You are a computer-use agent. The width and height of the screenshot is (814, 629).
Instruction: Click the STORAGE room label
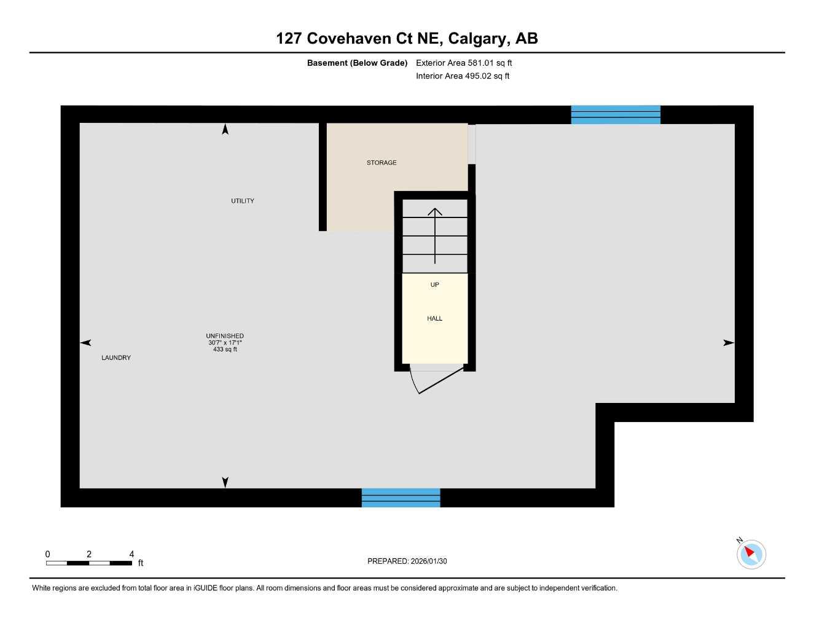tap(382, 163)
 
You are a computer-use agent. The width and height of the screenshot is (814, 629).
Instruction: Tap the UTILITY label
tap(243, 201)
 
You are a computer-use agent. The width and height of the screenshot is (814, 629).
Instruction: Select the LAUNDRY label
tap(116, 357)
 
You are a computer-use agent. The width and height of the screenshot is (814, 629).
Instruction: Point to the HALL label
tap(435, 318)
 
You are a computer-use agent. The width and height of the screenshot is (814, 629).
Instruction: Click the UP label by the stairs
tap(435, 285)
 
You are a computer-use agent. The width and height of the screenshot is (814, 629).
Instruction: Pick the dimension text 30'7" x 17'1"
tap(225, 343)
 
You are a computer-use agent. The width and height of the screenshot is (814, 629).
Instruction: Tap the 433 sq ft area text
tap(225, 350)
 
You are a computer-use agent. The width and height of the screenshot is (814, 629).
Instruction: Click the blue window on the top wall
tap(616, 115)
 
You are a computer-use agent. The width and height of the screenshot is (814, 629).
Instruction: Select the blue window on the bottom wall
tap(401, 498)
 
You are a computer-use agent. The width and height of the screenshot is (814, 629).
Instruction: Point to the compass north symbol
tap(750, 553)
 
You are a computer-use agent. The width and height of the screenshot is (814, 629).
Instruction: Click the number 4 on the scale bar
tap(131, 554)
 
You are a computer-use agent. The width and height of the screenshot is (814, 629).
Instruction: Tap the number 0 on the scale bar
tap(48, 554)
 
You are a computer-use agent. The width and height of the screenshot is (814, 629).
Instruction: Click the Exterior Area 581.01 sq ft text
tap(464, 63)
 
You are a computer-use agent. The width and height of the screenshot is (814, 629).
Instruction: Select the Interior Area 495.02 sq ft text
tap(463, 76)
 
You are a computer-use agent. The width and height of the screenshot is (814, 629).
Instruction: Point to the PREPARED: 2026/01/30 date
tap(407, 561)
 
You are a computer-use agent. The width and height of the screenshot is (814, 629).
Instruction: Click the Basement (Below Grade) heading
tap(357, 63)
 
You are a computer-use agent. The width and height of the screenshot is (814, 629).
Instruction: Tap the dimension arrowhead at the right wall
tap(729, 343)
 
